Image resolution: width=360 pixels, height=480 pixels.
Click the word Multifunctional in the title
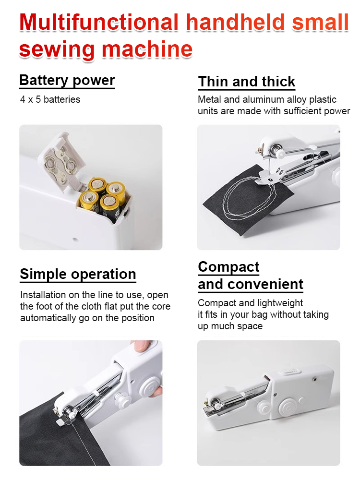pos(98,23)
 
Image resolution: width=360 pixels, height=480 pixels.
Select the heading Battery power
pos(67,80)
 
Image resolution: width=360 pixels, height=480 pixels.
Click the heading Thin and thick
pos(247,82)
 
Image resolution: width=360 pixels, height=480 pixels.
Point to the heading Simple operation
pos(78,274)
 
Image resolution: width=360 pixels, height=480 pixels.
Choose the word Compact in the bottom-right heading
pos(228,267)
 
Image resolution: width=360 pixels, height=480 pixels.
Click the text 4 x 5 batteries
pos(50,100)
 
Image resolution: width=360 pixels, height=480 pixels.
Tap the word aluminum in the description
pos(262,100)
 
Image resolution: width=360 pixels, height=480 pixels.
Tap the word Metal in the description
pos(209,100)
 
